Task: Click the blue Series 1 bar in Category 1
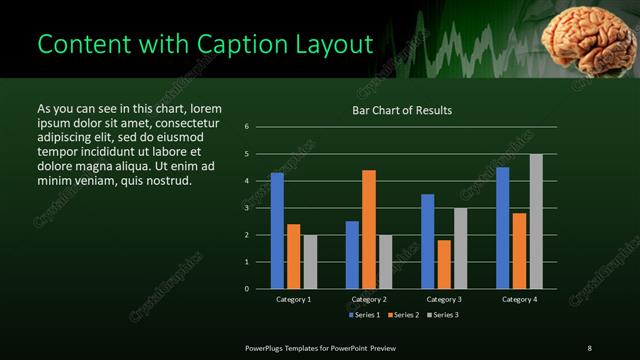tap(277, 230)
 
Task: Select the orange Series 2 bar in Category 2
tap(369, 229)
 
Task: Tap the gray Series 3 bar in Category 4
tap(536, 221)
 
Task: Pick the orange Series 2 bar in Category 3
tap(444, 264)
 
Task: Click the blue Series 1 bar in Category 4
tap(502, 227)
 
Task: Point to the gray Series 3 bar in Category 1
tap(310, 261)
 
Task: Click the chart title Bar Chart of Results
tap(401, 110)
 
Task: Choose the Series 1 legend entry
tap(364, 315)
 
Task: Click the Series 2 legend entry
tap(402, 315)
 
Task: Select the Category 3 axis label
tap(444, 299)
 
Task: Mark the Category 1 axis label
tap(293, 299)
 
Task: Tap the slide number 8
tap(589, 347)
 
